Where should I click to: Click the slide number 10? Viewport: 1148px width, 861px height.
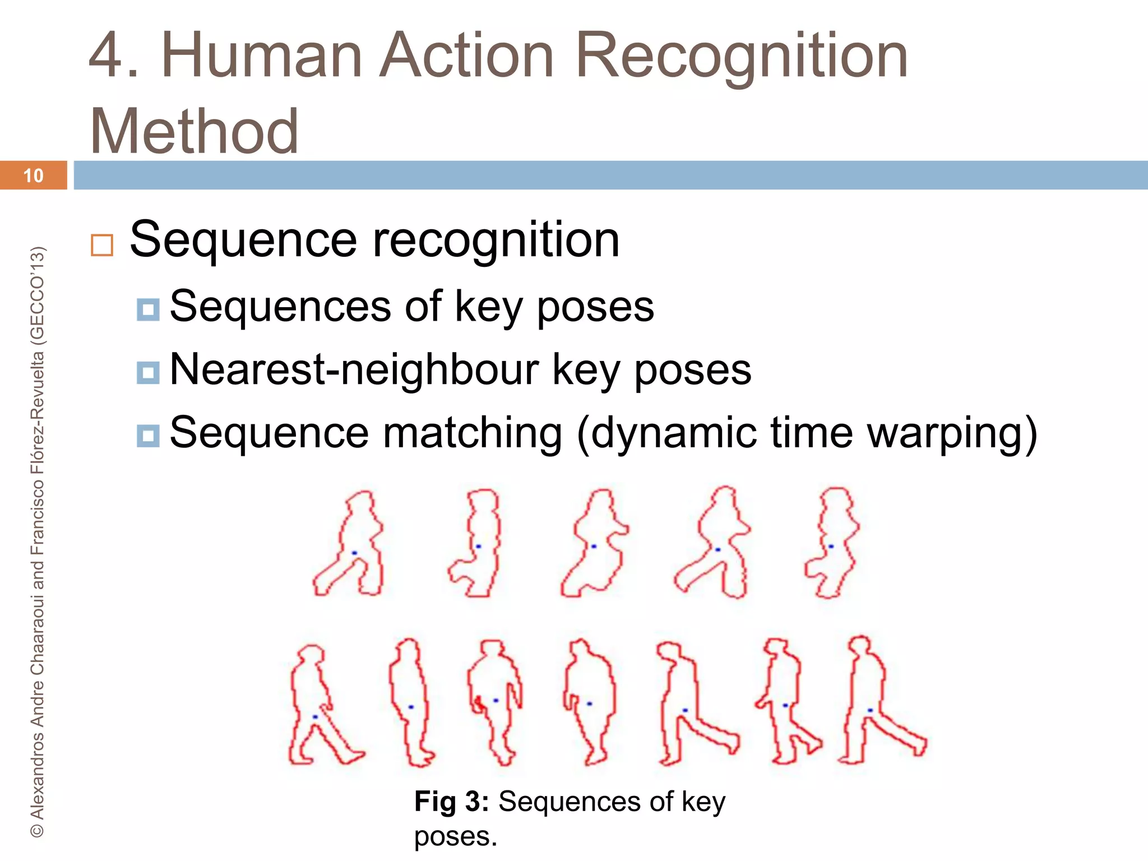click(x=33, y=175)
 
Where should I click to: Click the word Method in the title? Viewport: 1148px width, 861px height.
click(x=194, y=131)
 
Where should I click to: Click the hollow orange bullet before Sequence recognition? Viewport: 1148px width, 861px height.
click(x=102, y=245)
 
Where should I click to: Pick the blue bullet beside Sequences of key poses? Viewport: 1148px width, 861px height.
click(x=148, y=309)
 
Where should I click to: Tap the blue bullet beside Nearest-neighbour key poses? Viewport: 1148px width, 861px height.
click(x=148, y=372)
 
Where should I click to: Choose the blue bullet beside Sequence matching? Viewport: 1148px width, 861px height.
click(x=148, y=436)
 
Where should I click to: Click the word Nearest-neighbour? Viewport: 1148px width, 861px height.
click(x=353, y=370)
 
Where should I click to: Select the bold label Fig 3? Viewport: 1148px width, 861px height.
click(x=452, y=801)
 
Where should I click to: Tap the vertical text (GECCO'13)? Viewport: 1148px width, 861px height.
click(x=37, y=294)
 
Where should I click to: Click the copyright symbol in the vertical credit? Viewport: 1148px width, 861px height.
click(x=37, y=830)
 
